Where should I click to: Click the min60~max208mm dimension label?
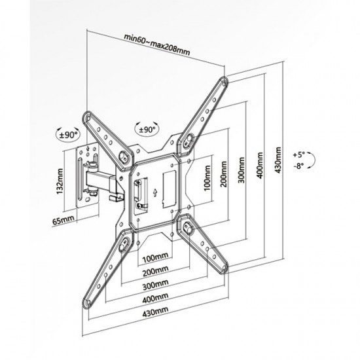pos(157,45)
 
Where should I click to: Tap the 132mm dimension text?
pos(60,181)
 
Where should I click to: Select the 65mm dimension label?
pos(63,221)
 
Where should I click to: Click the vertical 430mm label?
pos(278,160)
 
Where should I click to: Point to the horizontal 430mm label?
pos(155,312)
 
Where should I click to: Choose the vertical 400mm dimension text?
pos(260,165)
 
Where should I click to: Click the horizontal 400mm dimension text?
pos(155,298)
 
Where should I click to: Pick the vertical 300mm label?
pos(241,170)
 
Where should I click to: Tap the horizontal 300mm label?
pos(155,284)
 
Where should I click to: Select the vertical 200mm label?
pos(224,174)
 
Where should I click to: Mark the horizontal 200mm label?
pos(155,271)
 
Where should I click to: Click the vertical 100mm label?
pos(207,178)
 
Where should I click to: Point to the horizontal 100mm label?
pos(155,257)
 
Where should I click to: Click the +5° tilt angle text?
pos(298,154)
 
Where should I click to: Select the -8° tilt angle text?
pos(298,166)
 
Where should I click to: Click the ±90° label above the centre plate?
pos(147,130)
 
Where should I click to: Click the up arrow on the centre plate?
pos(155,192)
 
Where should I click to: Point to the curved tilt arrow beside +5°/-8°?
pos(314,160)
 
